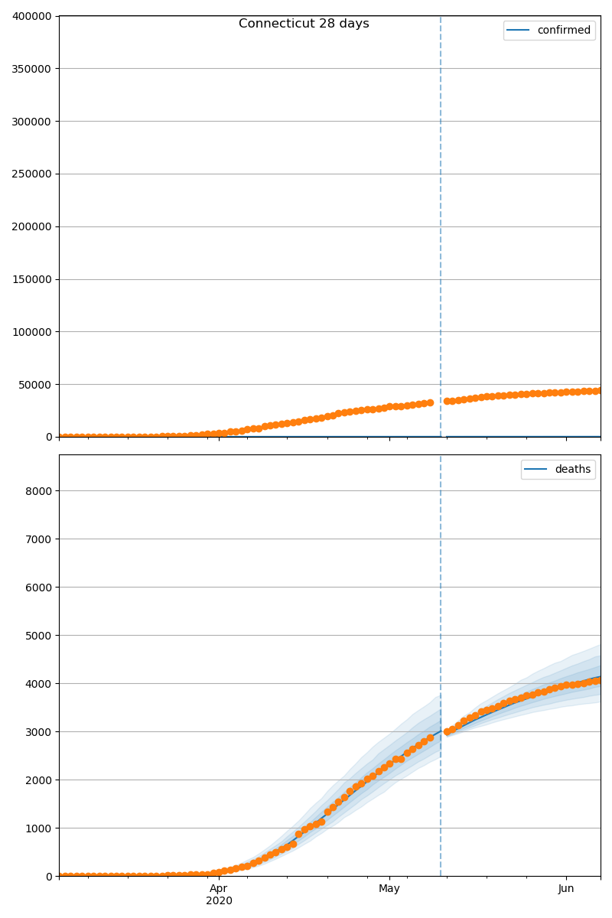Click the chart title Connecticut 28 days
coord(304,24)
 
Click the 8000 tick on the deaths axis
coord(39,491)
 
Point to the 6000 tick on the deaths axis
coord(39,588)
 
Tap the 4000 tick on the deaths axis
coord(39,684)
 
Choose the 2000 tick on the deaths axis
coord(39,780)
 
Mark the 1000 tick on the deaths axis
coord(39,828)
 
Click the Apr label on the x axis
coord(219,888)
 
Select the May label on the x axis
coord(389,888)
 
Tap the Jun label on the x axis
coord(566,888)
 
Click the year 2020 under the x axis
coord(219,901)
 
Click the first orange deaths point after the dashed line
coord(447,732)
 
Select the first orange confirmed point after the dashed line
coord(447,401)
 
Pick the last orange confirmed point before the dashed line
coord(430,402)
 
